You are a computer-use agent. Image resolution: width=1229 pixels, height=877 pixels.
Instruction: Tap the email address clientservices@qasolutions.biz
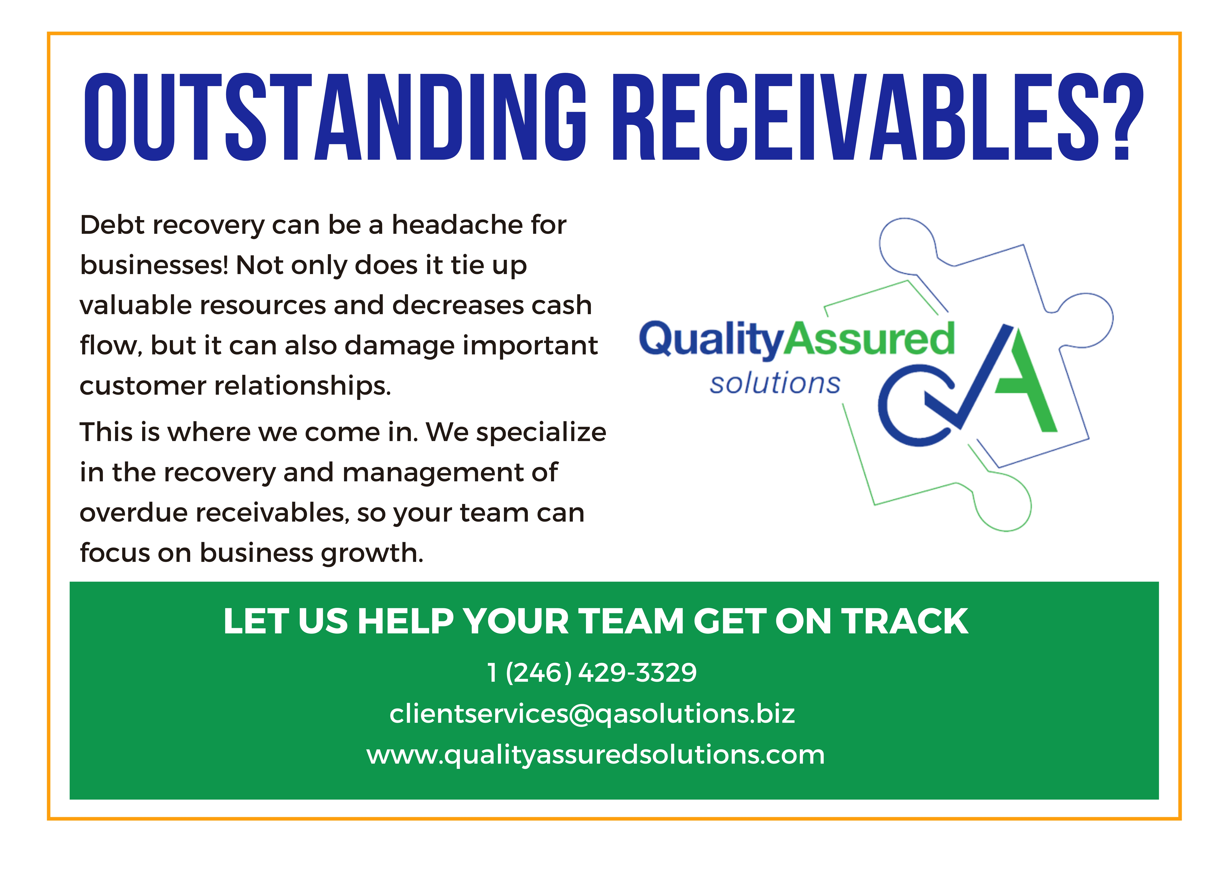point(592,714)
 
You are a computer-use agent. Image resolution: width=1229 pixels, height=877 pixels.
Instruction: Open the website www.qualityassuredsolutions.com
point(596,755)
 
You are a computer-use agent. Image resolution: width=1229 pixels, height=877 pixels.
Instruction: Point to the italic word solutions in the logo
point(775,383)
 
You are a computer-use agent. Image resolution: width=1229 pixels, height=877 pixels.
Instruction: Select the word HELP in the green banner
point(405,621)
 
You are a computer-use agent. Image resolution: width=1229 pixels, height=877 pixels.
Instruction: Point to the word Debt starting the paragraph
point(113,225)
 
